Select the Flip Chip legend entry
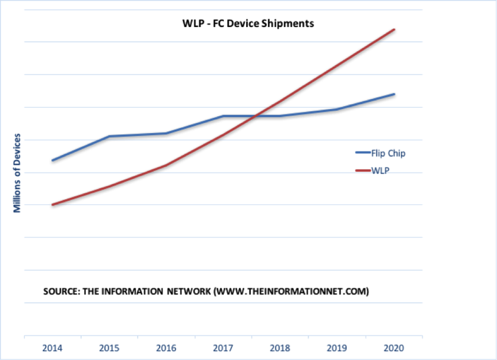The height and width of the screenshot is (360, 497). tap(388, 153)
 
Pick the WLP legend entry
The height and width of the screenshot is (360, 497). tap(382, 170)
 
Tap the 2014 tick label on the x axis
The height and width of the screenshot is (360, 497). tap(52, 348)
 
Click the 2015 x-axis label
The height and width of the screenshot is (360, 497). tap(110, 348)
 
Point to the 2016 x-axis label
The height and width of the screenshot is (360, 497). tap(166, 348)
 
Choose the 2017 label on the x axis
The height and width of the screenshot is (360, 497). tap(223, 348)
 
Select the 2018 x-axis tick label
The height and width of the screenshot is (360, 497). tap(280, 348)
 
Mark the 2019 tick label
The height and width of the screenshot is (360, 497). tap(337, 348)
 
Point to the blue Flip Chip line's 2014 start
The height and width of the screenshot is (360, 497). tap(53, 160)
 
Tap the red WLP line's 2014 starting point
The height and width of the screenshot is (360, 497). tap(53, 205)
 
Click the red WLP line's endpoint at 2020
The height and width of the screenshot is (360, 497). tap(395, 29)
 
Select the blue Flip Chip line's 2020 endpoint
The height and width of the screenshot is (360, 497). tap(395, 94)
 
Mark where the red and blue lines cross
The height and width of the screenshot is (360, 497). tap(253, 116)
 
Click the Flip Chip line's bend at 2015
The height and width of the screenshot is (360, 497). tap(110, 136)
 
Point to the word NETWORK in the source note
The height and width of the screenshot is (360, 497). tap(185, 292)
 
